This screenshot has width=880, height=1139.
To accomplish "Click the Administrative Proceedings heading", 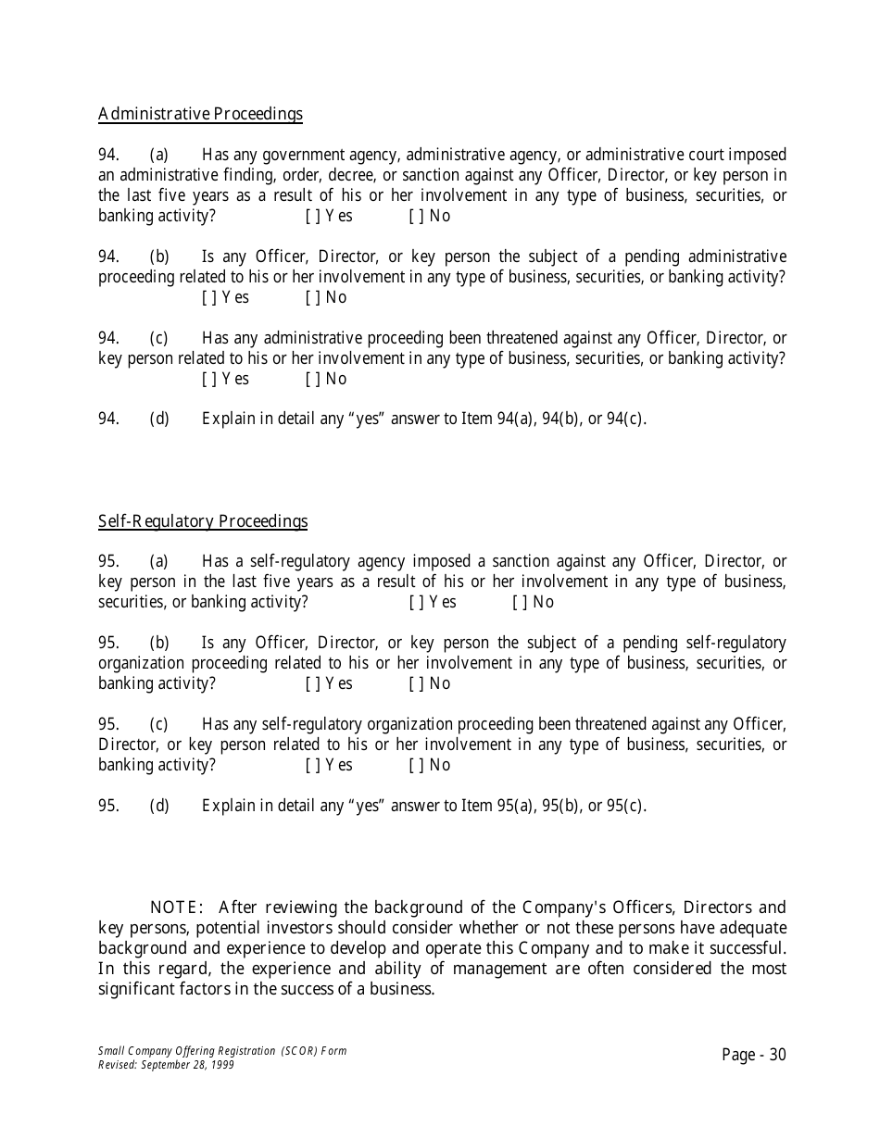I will (x=200, y=114).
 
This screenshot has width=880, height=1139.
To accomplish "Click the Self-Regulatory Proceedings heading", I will (x=203, y=521).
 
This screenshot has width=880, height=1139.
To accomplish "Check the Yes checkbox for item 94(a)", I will (x=310, y=216).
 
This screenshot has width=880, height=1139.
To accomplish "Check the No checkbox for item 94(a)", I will (x=414, y=216).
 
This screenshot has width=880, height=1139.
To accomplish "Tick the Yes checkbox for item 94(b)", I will (x=207, y=297).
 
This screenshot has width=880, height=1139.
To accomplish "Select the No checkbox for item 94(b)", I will (x=310, y=297).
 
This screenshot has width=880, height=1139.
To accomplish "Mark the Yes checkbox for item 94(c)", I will (x=207, y=379).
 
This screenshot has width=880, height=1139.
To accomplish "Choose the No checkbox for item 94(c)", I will (x=310, y=379).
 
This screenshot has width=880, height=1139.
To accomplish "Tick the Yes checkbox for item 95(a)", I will (x=414, y=602).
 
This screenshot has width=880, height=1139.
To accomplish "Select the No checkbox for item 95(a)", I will (x=518, y=602).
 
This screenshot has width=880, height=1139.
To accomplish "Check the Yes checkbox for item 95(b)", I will (x=310, y=683).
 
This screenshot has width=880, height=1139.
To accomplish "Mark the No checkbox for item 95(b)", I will (x=414, y=683).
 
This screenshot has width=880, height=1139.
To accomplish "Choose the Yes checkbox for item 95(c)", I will (x=310, y=765).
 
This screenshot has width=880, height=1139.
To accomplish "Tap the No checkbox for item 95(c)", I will (x=414, y=765).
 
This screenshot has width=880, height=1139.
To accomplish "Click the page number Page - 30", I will (x=753, y=1055).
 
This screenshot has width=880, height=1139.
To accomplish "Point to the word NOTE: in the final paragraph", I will (x=176, y=907).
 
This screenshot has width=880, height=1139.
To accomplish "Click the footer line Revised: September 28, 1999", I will (x=166, y=1065).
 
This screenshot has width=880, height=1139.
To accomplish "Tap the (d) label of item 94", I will (x=159, y=419).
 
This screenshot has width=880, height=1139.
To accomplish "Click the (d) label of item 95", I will (x=159, y=806).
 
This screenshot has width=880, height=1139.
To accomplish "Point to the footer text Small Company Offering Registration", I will (x=185, y=1051).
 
